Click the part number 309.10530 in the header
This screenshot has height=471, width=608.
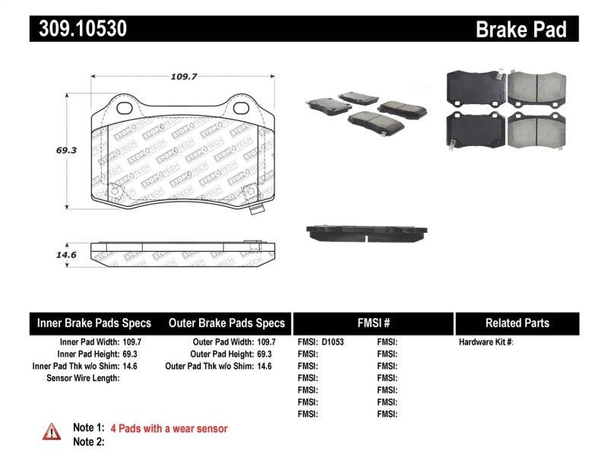click(x=78, y=29)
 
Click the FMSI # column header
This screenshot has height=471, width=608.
click(x=372, y=323)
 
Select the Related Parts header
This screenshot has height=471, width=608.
click(x=517, y=323)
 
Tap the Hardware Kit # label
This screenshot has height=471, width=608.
click(x=486, y=342)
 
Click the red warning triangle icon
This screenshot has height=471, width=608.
click(x=51, y=431)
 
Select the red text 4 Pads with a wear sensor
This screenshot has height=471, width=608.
click(x=169, y=428)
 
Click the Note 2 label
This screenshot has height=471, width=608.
click(x=89, y=441)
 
